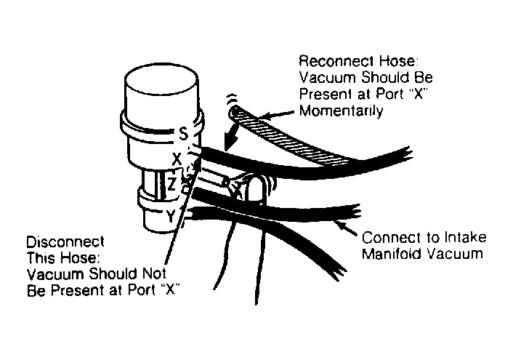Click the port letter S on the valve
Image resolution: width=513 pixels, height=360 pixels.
pyautogui.click(x=184, y=134)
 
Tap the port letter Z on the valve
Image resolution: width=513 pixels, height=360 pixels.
pyautogui.click(x=171, y=185)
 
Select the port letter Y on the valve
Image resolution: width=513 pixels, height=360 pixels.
pyautogui.click(x=171, y=216)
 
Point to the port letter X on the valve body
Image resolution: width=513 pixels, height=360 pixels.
pyautogui.click(x=177, y=160)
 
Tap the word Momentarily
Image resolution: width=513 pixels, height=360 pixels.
pyautogui.click(x=342, y=111)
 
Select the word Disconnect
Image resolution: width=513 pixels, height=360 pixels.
pyautogui.click(x=65, y=242)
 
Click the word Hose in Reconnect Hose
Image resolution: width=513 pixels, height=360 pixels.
pyautogui.click(x=399, y=61)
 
